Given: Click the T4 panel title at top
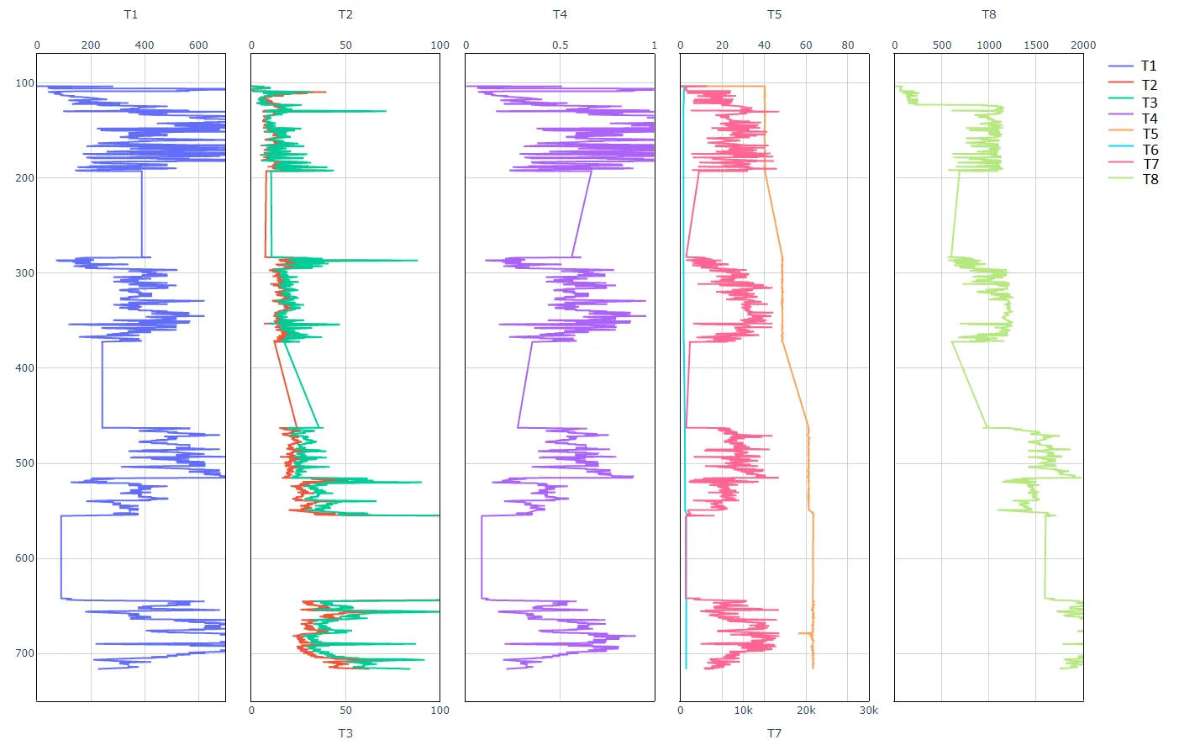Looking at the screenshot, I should [560, 14].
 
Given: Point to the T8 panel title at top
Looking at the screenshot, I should [989, 14].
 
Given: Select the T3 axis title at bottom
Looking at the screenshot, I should [345, 733].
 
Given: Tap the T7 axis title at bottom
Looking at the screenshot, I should [774, 733].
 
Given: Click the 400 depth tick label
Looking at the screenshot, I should [24, 368].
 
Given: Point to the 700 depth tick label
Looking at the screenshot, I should [24, 653].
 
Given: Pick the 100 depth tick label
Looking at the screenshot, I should [24, 83].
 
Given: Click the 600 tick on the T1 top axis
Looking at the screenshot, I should [198, 45].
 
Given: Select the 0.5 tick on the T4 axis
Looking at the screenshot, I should [560, 45].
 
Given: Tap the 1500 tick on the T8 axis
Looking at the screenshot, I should [1036, 45].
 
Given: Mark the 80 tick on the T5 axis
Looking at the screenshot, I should [848, 45].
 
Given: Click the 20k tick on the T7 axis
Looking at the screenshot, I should [806, 711].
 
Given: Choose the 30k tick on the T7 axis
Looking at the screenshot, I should [868, 711].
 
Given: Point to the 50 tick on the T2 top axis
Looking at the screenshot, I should [345, 45].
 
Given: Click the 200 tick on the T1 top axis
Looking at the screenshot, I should [91, 45].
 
